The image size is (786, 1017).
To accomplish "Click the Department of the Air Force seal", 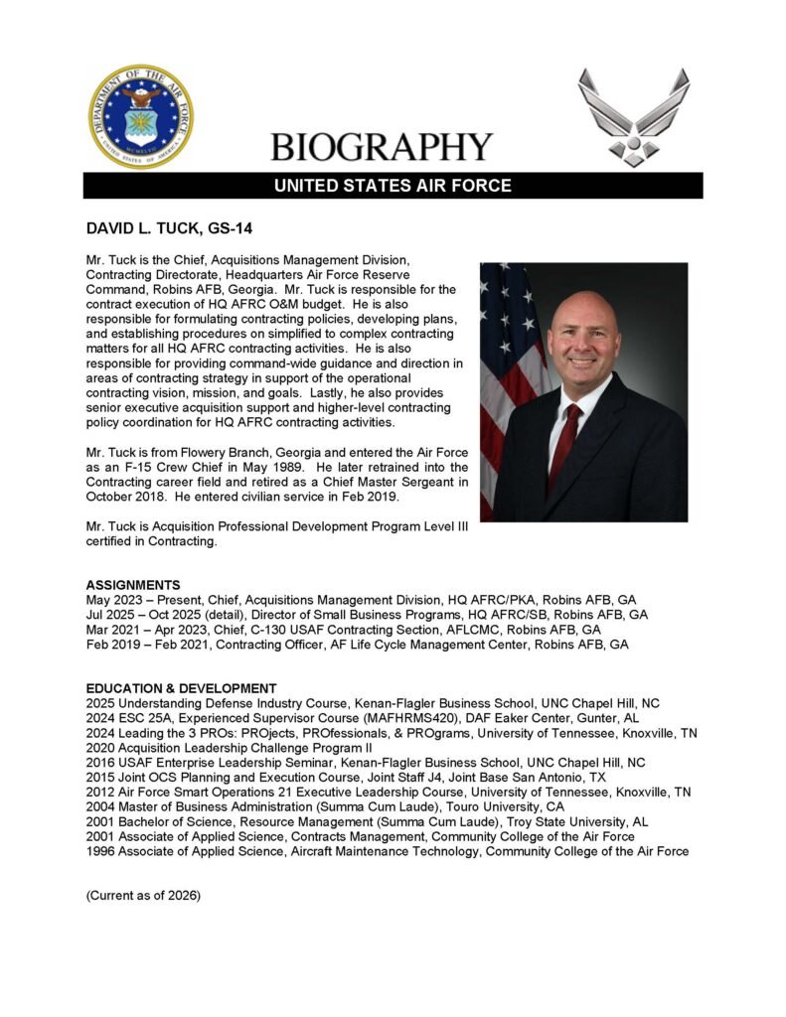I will (140, 116).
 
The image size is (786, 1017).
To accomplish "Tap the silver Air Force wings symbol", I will (633, 116).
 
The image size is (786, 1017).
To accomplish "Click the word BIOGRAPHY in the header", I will (383, 147).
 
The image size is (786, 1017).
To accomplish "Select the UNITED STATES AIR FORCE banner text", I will (393, 186).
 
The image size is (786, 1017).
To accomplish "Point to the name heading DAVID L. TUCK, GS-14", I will (169, 229).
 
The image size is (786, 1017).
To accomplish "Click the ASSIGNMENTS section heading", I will (133, 585).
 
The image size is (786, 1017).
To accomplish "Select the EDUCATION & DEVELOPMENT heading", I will (181, 688).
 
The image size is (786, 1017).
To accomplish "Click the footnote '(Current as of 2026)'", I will (143, 895).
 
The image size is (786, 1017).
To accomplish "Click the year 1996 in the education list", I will (100, 851).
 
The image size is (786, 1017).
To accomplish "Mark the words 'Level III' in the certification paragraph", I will (437, 526).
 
